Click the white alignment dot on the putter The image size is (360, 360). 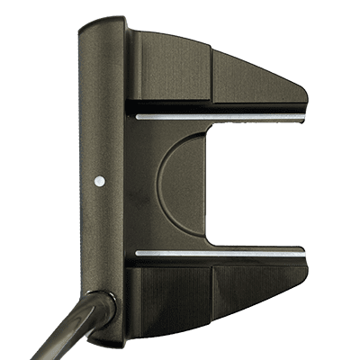pos(99,180)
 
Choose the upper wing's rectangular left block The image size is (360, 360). pos(171,72)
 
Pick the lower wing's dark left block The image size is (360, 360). pos(171,297)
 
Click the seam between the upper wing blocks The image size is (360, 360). pos(211,76)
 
